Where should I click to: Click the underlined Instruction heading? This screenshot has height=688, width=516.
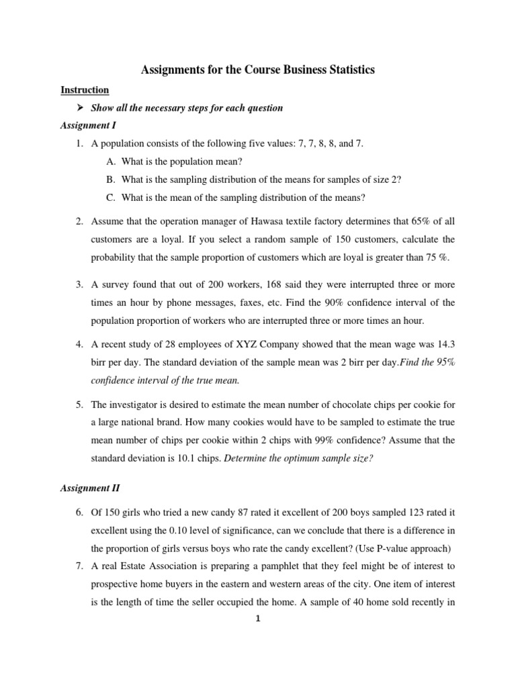[85, 89]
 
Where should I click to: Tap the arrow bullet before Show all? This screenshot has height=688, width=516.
[80, 107]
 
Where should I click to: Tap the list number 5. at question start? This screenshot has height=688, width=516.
[79, 404]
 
